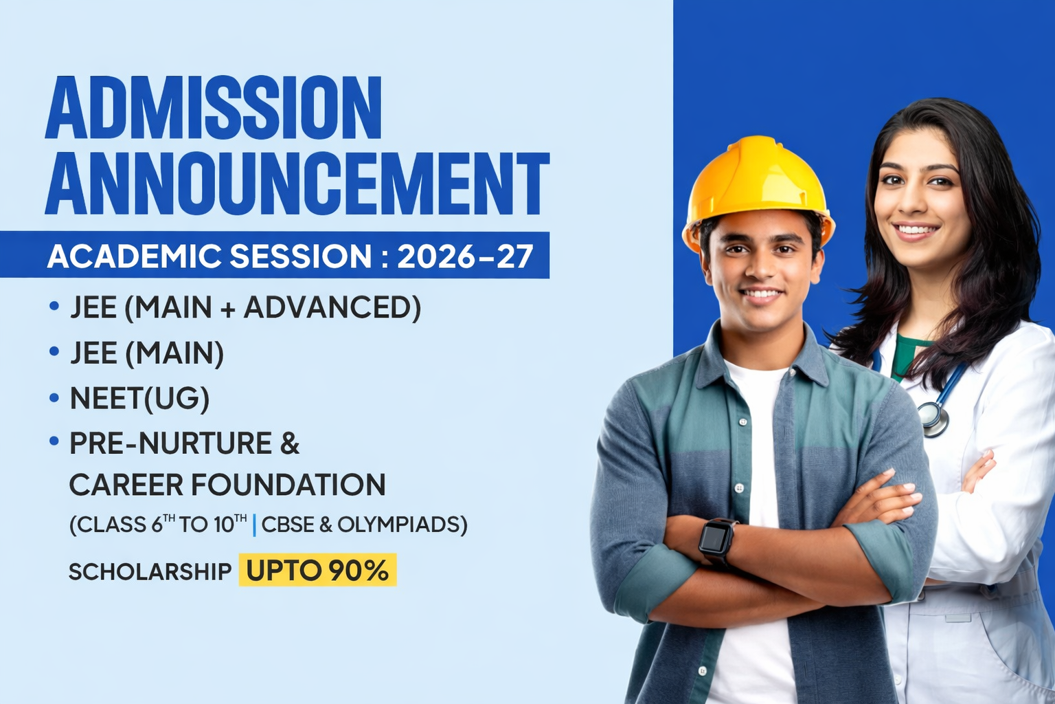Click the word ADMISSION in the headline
point(213,107)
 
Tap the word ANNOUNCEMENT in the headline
point(297,184)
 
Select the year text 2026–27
point(465,256)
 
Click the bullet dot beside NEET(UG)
point(54,397)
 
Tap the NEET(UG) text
point(140,399)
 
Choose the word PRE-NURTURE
point(171,443)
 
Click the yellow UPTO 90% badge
point(317,570)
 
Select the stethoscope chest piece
point(933,417)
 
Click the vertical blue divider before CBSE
point(254,525)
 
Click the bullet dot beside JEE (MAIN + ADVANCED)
point(54,306)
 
